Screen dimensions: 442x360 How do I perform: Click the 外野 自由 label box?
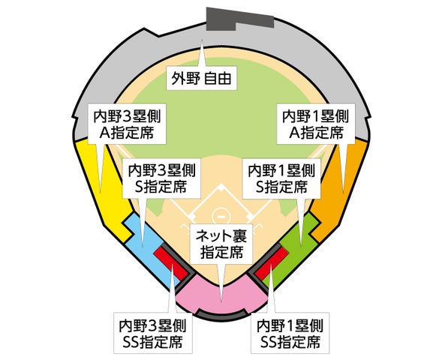tap(201, 78)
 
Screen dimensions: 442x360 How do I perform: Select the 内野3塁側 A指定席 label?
tap(127, 124)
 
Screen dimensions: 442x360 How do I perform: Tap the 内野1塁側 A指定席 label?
tap(316, 124)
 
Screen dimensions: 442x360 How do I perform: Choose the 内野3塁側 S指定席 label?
tap(161, 178)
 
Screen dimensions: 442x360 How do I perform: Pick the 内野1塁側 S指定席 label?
tap(281, 178)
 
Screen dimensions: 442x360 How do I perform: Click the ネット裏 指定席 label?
tap(222, 244)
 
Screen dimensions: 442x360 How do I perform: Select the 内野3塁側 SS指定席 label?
tap(153, 333)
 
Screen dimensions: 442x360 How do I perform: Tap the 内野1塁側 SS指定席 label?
tap(290, 333)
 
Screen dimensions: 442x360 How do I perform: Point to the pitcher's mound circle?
tap(221, 216)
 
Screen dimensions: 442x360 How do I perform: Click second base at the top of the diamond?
tap(221, 187)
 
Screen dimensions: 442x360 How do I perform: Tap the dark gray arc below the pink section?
tap(222, 313)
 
